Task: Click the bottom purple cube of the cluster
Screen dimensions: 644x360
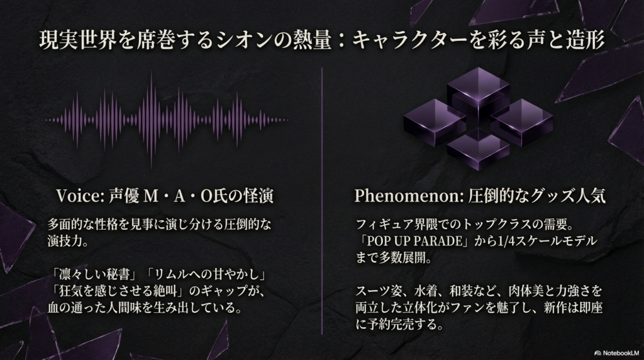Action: [478, 148]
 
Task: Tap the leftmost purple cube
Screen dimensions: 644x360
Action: [435, 122]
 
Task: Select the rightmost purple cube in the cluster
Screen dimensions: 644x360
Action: [521, 122]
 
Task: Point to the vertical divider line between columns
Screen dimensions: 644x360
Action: [322, 201]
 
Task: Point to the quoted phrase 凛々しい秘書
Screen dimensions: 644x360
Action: [95, 274]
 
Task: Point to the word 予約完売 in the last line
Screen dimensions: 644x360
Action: [393, 325]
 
